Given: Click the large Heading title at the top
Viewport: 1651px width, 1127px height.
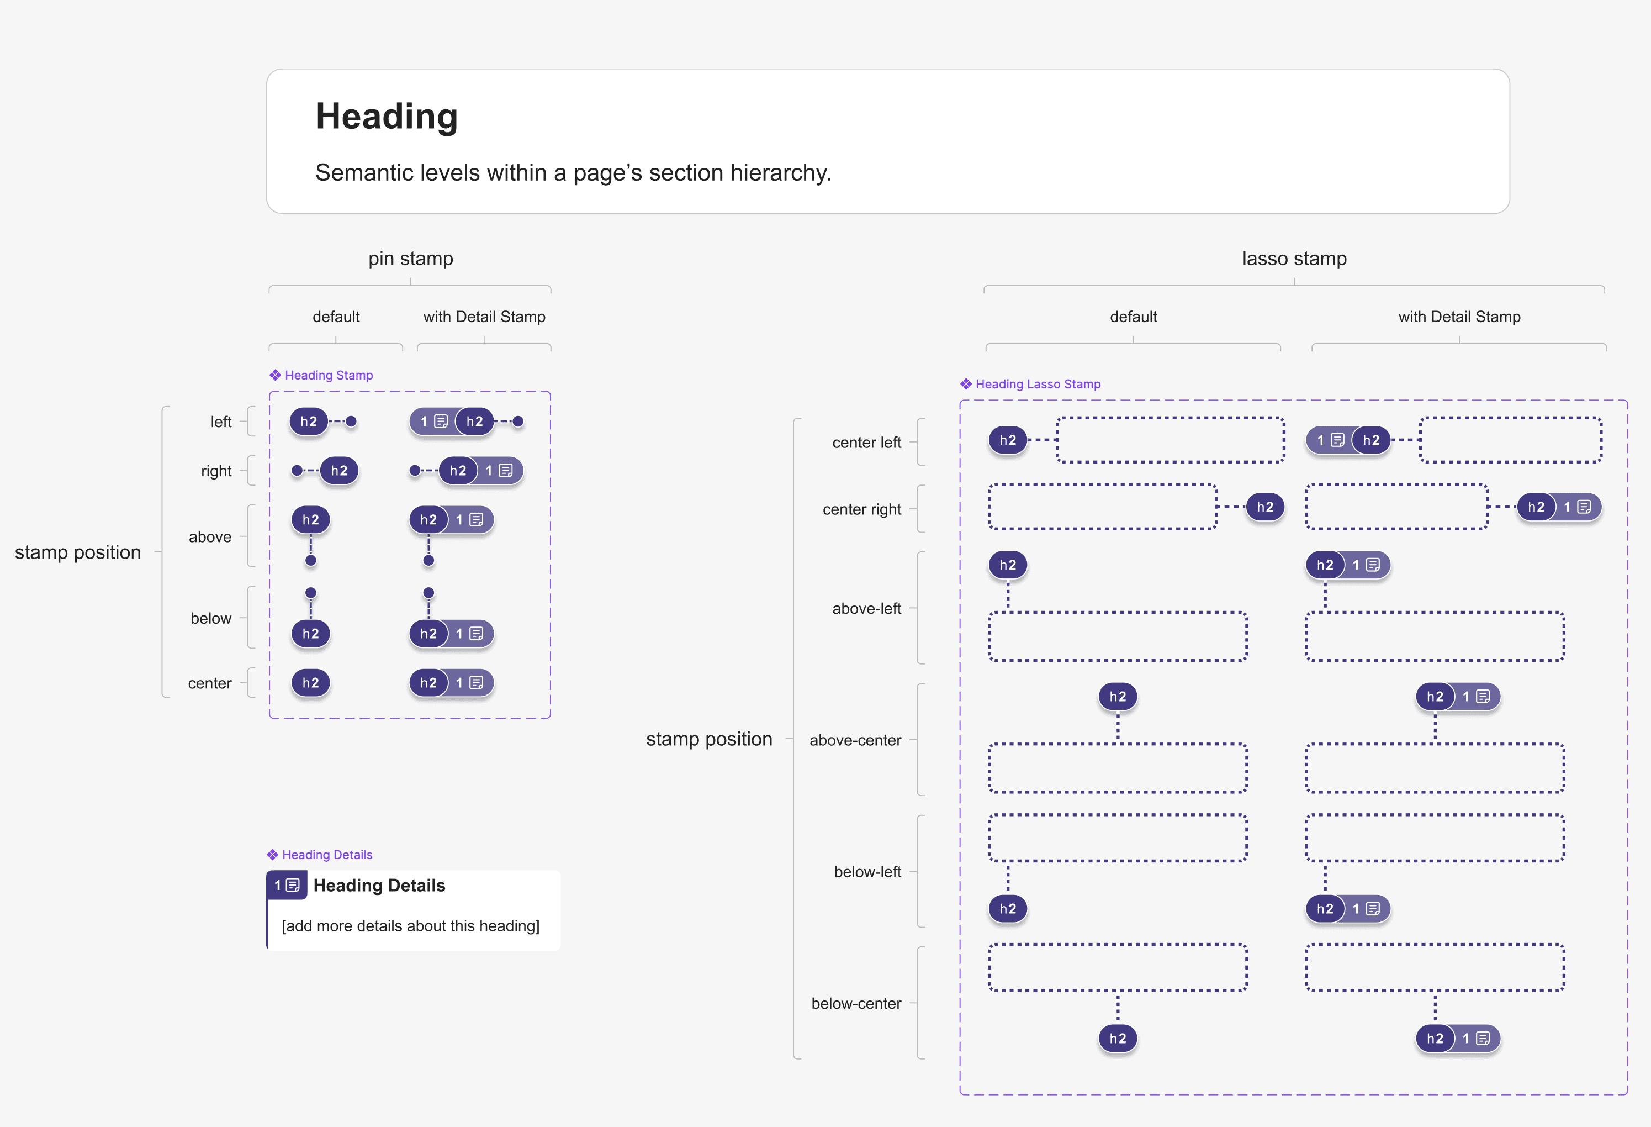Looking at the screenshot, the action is [387, 116].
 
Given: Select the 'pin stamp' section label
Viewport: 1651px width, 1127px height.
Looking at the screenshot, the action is [411, 259].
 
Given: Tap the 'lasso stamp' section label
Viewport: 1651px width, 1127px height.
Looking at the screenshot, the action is [1294, 259].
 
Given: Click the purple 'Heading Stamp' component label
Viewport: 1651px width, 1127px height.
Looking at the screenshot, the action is [328, 375].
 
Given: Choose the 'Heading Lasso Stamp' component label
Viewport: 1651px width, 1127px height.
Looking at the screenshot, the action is [1038, 384].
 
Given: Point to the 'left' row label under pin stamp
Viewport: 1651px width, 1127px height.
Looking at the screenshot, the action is [221, 422].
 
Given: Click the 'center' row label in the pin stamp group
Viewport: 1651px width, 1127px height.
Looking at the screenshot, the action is [210, 683].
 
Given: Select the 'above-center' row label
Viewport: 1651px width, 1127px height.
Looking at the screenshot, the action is [855, 740].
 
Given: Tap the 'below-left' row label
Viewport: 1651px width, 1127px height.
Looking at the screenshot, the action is [867, 872].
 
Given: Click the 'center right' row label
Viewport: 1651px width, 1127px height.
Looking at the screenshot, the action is [862, 509].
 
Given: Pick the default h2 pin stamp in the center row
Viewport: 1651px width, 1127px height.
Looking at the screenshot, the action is [310, 683].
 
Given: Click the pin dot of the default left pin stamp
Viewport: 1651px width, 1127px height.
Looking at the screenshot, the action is [351, 422].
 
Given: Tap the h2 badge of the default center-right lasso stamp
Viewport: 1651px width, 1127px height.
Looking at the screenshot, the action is [1265, 507].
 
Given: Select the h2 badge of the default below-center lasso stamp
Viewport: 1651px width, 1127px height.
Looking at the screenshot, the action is [1118, 1038].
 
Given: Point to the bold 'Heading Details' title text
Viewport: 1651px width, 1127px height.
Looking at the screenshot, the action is [379, 886].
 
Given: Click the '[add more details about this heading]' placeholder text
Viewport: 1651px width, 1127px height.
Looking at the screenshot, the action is [411, 926].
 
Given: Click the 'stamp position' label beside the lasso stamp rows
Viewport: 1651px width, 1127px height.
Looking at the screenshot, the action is [709, 739].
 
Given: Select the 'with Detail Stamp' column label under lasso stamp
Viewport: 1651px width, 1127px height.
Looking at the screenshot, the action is [1459, 317].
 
